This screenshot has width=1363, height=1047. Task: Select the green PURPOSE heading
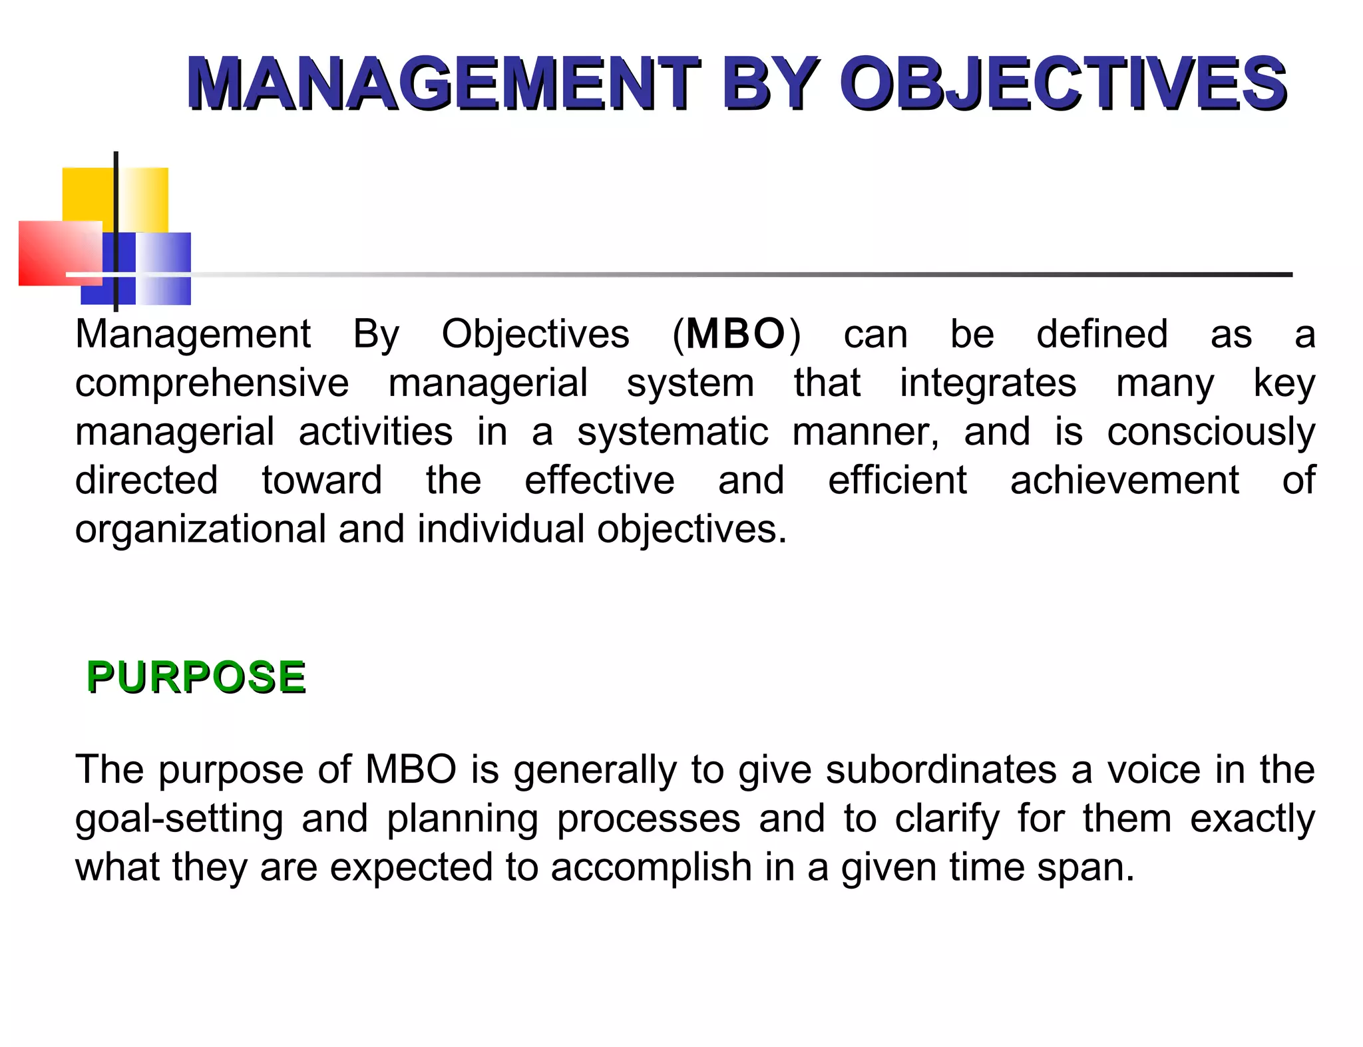point(196,677)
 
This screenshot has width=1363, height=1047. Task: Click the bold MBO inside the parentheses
point(735,333)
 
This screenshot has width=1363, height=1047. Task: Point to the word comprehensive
point(212,383)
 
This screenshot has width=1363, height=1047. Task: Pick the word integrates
point(988,383)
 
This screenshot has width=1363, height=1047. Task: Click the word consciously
point(1211,432)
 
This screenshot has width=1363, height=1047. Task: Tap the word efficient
point(897,481)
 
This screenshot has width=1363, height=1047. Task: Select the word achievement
point(1125,481)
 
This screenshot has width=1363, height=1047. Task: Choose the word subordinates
point(941,770)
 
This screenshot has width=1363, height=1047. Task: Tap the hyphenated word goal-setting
point(179,819)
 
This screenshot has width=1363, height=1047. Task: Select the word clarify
point(946,819)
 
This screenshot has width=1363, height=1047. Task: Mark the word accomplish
point(651,868)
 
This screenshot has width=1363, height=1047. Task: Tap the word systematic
point(672,432)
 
